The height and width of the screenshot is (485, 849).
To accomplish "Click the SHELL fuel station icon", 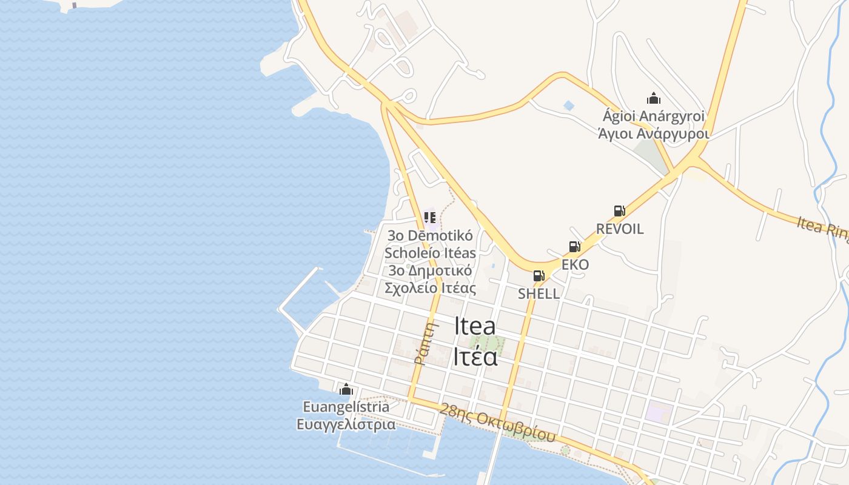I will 539,276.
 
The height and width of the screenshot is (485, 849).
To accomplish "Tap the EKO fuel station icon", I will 574,247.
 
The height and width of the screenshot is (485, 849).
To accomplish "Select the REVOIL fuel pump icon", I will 619,211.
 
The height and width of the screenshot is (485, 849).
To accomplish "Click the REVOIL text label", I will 620,229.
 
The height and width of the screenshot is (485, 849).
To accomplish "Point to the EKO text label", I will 575,265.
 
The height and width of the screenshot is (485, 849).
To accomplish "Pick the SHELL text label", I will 539,294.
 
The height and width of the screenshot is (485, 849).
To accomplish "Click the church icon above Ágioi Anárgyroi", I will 654,98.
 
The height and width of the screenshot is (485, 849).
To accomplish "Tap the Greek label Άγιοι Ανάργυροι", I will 654,133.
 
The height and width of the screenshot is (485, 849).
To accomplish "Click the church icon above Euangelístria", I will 346,389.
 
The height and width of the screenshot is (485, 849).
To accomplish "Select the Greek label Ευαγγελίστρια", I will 346,424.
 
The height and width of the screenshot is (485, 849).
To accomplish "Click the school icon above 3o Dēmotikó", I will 430,217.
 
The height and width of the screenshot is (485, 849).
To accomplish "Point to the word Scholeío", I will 430,253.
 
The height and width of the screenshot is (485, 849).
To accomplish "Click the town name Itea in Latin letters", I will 475,326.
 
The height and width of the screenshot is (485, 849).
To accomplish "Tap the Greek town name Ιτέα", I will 475,356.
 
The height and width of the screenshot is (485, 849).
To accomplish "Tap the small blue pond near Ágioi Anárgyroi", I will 568,105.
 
